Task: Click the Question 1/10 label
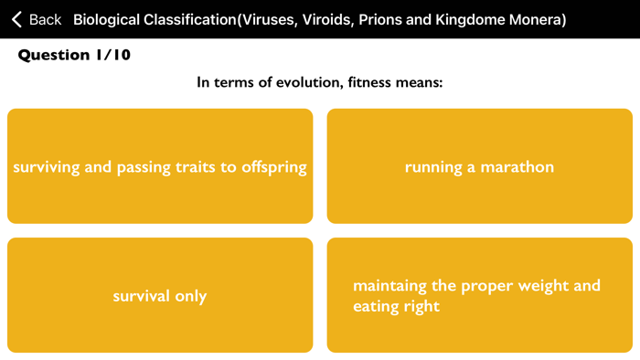pos(75,55)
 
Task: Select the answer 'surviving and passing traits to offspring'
pos(160,166)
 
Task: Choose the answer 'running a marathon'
pos(479,166)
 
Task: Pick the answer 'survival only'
pos(160,295)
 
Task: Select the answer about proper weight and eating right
pos(479,295)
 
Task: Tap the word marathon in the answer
pos(518,167)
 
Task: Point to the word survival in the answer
pos(142,296)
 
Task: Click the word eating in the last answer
pos(376,307)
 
